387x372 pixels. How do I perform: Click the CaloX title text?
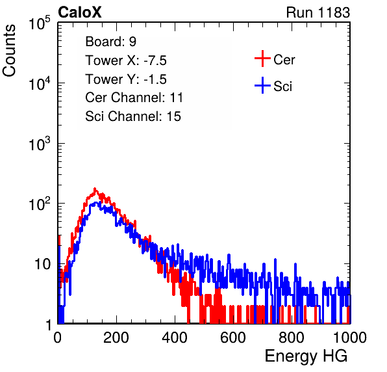[x=80, y=12]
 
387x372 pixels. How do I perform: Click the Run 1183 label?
[x=318, y=12]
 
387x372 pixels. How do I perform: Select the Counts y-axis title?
[x=9, y=51]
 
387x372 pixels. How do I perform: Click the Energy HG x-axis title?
[x=306, y=356]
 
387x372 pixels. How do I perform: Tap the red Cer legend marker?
[x=262, y=59]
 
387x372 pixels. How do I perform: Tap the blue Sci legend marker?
[x=262, y=86]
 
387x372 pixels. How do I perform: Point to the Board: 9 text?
[x=111, y=42]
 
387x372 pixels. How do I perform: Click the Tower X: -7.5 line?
[x=126, y=60]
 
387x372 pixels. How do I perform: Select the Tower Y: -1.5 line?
[x=126, y=79]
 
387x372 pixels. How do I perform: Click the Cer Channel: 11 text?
[x=134, y=98]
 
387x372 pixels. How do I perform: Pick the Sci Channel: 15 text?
[x=133, y=116]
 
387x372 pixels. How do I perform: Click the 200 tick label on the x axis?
[x=116, y=338]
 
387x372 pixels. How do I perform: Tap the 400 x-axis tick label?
[x=175, y=338]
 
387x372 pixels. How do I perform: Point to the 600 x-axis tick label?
[x=233, y=338]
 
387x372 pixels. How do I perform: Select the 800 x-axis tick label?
[x=292, y=338]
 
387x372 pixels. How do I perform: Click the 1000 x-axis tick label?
[x=350, y=338]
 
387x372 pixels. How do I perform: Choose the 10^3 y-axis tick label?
[x=40, y=144]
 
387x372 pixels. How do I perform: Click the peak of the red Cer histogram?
[x=95, y=189]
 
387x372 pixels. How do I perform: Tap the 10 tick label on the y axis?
[x=43, y=265]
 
